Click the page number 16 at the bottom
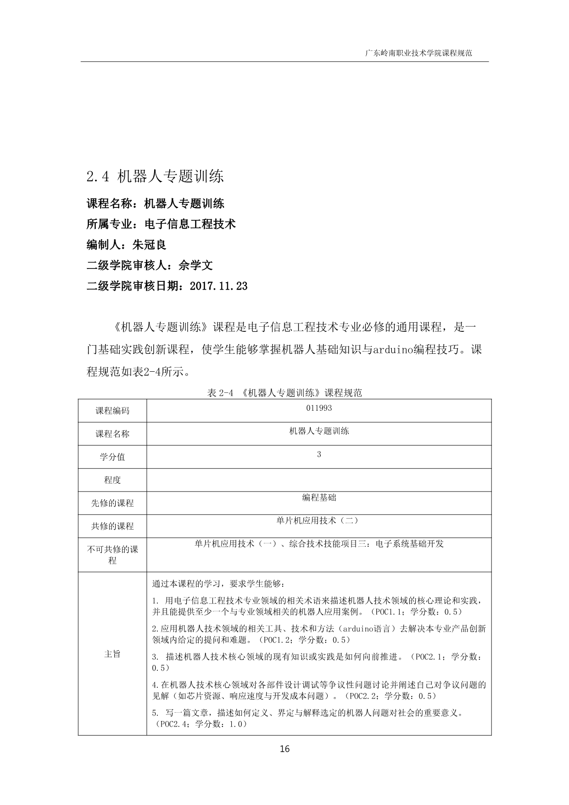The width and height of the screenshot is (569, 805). pos(284,749)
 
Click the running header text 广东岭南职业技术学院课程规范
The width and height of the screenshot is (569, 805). pos(418,53)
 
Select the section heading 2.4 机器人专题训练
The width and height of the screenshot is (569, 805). pos(155,177)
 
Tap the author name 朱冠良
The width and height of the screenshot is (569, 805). pos(149,245)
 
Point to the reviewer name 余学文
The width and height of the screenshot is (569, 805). pos(196,265)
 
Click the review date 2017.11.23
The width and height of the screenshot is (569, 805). pos(218,286)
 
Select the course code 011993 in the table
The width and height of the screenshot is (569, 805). pos(318,408)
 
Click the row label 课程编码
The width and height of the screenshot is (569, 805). pos(112,411)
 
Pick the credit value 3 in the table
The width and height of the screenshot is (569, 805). pos(319,454)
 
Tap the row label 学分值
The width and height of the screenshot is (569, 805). pos(112,457)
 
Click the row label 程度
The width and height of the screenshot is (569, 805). pos(112,480)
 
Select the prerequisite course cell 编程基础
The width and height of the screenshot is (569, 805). pos(319,498)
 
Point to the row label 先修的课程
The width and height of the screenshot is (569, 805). pos(112,503)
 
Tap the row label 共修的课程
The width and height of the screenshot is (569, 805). pos(112,526)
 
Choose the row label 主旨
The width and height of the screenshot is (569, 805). pos(112,654)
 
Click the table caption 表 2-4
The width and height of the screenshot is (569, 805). pos(221,393)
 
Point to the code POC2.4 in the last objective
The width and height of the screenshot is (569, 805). pos(173,724)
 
